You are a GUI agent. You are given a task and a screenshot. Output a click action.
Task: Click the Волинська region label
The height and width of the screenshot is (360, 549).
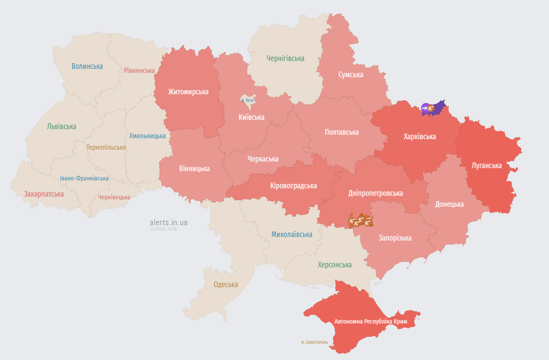point(87,66)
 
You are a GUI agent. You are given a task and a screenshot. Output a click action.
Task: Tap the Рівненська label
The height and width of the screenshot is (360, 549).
point(139,70)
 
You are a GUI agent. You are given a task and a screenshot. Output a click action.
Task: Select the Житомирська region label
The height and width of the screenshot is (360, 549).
point(188,92)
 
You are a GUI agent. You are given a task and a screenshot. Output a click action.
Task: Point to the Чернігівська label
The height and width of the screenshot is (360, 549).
point(285,58)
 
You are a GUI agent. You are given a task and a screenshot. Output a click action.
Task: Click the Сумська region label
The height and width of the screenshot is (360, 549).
point(351,75)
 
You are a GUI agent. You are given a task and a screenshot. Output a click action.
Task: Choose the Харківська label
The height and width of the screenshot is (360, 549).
point(420,137)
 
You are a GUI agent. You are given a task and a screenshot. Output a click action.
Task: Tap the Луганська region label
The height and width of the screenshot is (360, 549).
point(486,166)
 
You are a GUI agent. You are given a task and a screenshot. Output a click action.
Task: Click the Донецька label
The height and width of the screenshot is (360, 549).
point(449,204)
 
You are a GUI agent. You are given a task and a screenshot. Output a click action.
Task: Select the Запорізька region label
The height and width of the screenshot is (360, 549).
point(395,238)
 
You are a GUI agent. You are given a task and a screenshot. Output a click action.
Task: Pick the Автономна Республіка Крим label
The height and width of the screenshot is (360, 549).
point(371,321)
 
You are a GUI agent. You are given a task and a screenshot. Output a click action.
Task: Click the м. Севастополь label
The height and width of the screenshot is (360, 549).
point(314,342)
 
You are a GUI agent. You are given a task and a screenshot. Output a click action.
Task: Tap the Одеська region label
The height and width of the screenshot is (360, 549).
point(226,284)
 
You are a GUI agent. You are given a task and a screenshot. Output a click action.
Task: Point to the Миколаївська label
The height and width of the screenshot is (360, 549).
point(292,234)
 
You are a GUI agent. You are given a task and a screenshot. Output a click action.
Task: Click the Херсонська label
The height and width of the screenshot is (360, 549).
point(335,265)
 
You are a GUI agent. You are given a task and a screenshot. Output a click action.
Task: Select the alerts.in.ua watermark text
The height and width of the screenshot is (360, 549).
point(169,223)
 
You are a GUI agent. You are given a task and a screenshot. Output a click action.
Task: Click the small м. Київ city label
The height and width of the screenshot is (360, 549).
point(247,100)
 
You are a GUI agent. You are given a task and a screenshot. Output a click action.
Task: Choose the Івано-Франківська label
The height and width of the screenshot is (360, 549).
point(84,178)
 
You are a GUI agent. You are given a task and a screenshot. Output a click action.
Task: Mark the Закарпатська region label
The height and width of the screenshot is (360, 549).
point(44,194)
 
